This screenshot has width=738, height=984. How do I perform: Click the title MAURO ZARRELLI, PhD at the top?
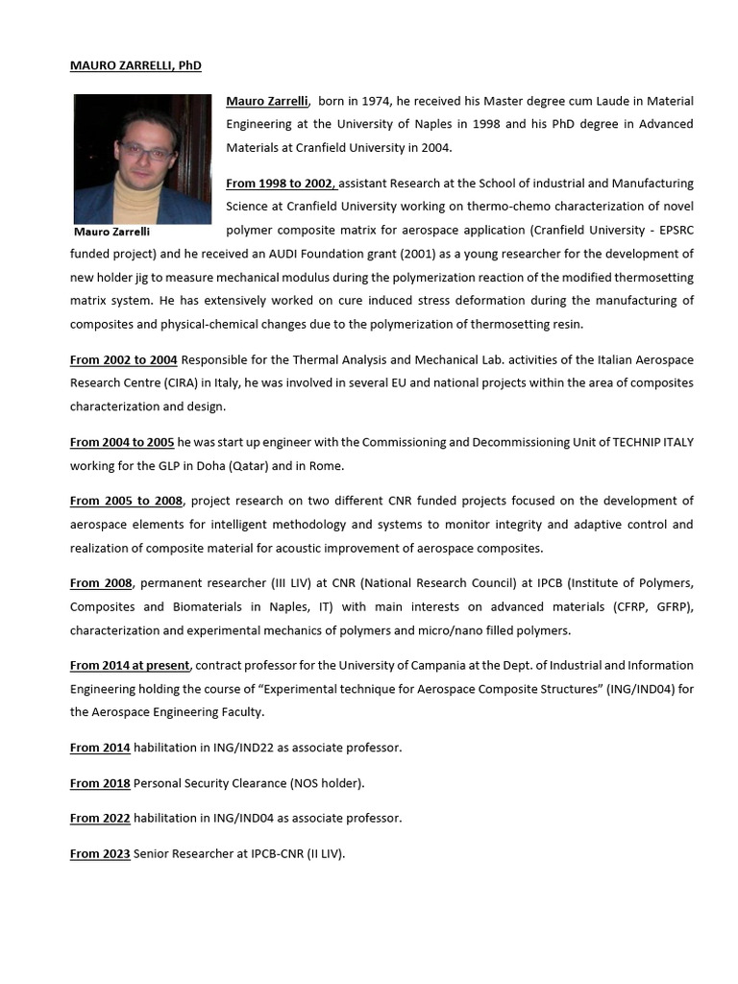(x=135, y=65)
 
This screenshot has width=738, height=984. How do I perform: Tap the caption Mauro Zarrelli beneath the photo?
(x=111, y=232)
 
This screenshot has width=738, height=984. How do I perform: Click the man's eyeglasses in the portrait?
(x=147, y=151)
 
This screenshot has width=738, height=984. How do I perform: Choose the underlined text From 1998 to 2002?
(x=281, y=183)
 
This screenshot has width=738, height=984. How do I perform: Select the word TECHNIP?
(x=628, y=442)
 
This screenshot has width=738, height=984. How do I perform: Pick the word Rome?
(x=324, y=466)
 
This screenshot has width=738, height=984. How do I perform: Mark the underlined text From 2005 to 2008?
(x=126, y=501)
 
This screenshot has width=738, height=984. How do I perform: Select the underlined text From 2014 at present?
(x=131, y=665)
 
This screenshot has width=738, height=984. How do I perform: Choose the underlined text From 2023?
(x=100, y=853)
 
